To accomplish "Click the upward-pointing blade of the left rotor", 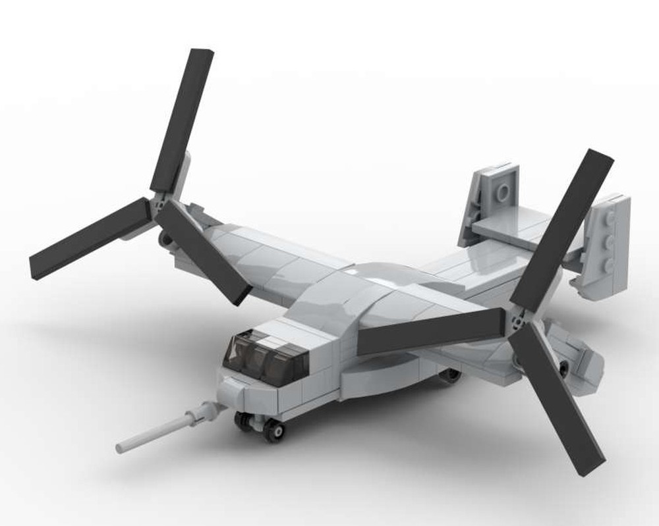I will [x=182, y=118].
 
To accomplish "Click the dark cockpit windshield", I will [x=264, y=359].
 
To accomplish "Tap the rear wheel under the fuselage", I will [x=451, y=375].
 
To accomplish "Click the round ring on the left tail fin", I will [x=502, y=192].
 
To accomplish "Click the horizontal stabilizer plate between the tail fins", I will [x=507, y=227].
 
